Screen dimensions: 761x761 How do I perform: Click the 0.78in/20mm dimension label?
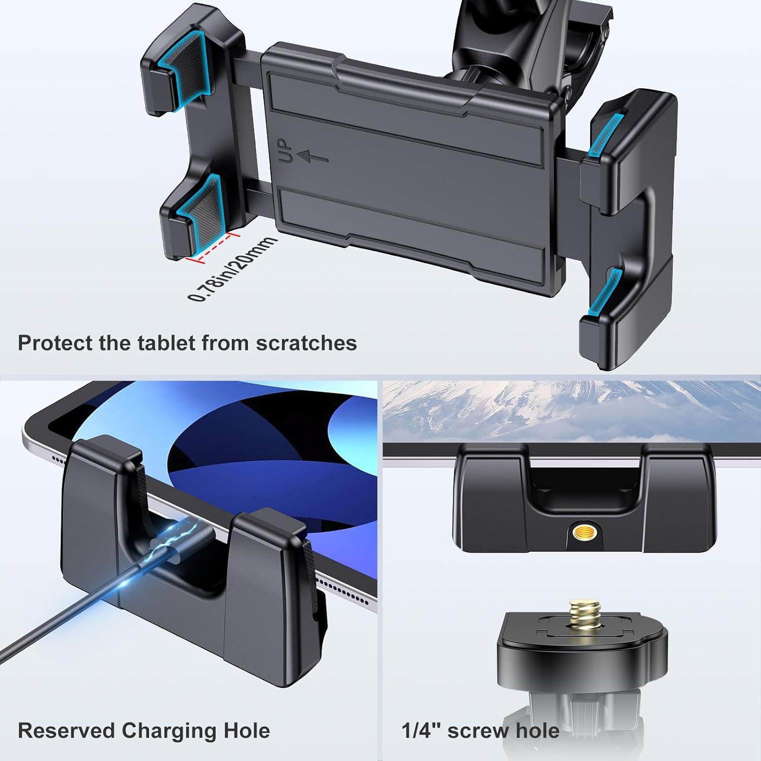click(x=233, y=269)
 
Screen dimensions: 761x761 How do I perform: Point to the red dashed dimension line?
click(x=213, y=247)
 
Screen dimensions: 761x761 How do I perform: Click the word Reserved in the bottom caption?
click(x=66, y=731)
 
